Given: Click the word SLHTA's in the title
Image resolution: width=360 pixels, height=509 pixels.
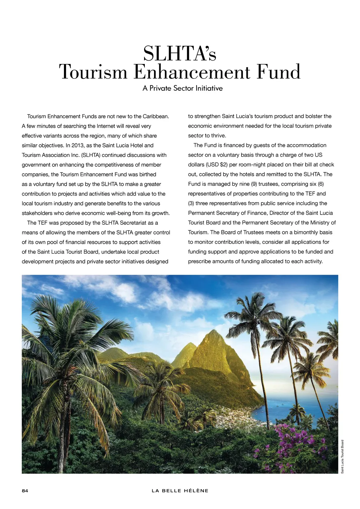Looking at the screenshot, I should click(180, 54).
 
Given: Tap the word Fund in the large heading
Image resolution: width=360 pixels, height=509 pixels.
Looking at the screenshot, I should click(278, 72).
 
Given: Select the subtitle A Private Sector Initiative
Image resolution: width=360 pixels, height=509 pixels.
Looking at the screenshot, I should click(182, 88).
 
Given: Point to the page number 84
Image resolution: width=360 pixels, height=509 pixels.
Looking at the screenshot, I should click(25, 491).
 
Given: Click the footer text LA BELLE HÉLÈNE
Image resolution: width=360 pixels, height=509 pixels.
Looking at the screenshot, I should click(180, 491).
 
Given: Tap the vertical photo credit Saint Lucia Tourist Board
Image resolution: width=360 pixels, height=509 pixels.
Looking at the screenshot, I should click(342, 457).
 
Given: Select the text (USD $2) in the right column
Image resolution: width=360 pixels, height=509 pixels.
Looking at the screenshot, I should click(217, 165).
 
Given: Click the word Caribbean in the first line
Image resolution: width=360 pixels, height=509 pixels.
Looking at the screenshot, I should click(156, 116).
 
